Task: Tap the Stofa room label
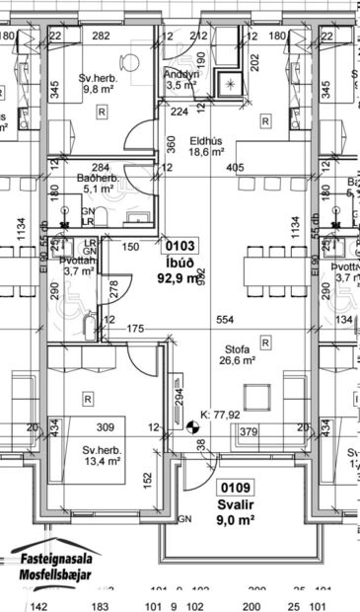point(235,348)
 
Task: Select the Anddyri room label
point(181,73)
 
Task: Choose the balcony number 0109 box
point(237,487)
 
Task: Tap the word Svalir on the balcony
point(237,501)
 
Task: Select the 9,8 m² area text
point(99,88)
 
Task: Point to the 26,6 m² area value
point(235,361)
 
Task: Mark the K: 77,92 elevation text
point(220,415)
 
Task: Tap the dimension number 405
point(235,168)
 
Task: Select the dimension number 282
point(101,37)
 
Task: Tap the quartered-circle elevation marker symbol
point(191,427)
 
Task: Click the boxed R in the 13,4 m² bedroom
point(88,399)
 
